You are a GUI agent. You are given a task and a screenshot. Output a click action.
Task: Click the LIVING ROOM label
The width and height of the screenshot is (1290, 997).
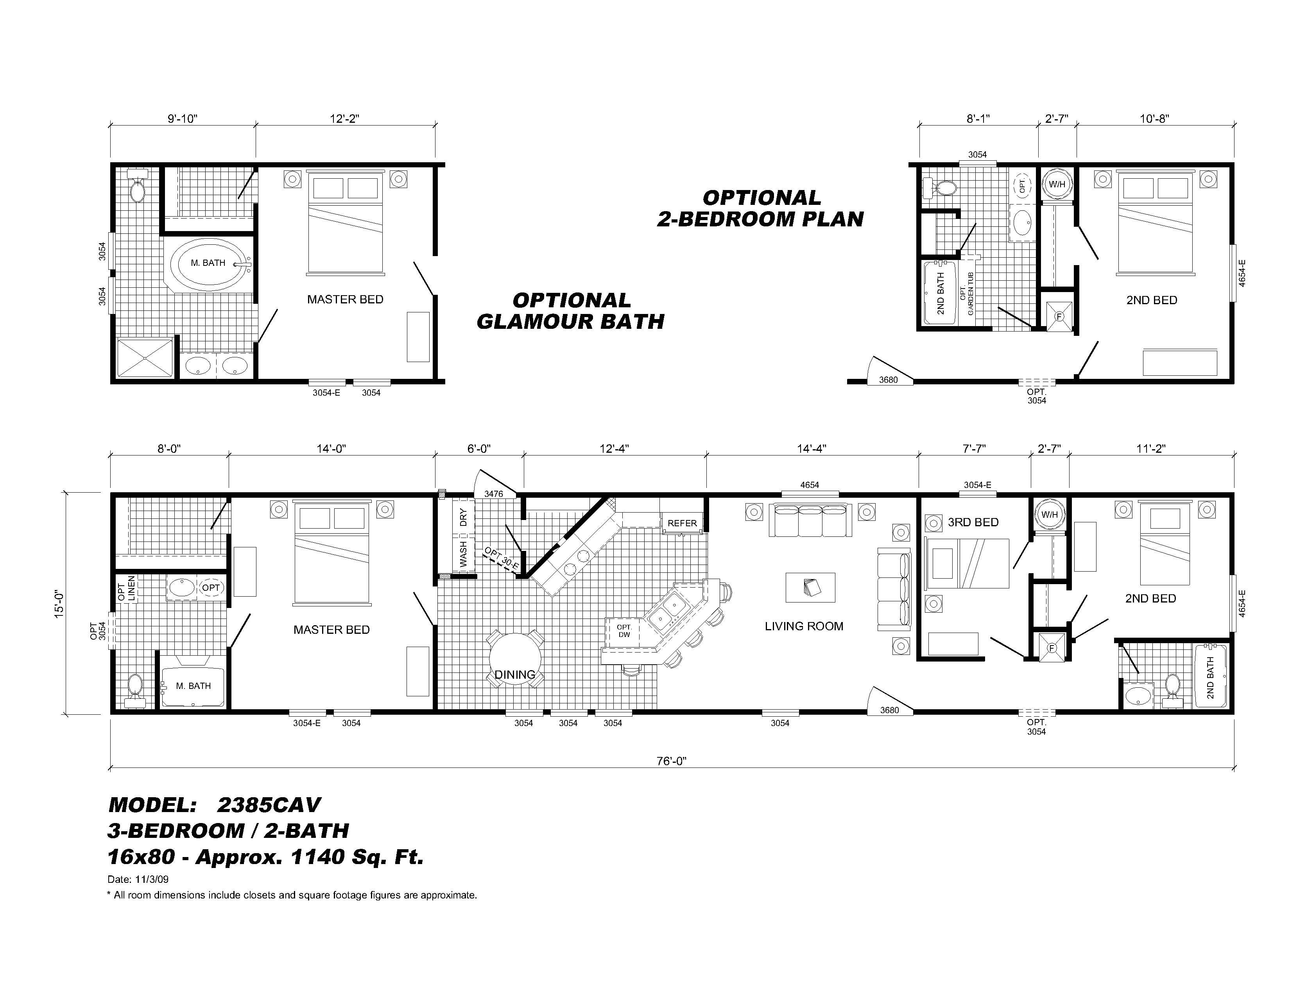click(x=803, y=626)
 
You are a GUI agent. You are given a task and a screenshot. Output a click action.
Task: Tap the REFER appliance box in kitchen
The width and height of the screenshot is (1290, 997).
click(x=682, y=523)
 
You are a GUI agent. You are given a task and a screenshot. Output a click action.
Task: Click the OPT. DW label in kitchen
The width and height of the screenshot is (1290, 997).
click(x=624, y=631)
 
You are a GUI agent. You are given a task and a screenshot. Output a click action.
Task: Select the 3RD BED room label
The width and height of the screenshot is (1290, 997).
click(x=973, y=522)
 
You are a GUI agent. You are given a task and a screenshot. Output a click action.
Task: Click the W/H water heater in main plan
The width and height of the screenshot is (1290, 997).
click(x=1049, y=515)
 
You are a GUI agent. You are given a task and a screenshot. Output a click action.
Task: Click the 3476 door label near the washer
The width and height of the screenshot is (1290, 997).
click(x=493, y=494)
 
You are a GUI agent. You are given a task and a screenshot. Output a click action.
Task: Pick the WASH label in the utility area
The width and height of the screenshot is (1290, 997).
click(x=463, y=554)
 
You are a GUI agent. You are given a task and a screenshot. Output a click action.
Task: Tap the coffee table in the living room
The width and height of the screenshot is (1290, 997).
click(x=810, y=587)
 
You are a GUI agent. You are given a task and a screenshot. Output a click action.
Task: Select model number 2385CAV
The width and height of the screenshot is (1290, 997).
click(x=269, y=805)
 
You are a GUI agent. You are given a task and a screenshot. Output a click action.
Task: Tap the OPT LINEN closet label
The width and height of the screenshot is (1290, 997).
click(x=126, y=588)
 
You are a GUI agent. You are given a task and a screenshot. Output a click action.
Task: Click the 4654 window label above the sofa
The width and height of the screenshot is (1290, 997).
click(x=809, y=485)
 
